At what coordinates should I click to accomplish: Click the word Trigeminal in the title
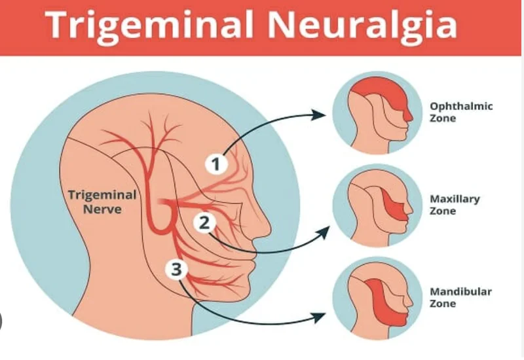click(x=149, y=26)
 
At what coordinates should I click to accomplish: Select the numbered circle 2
click(x=204, y=223)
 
